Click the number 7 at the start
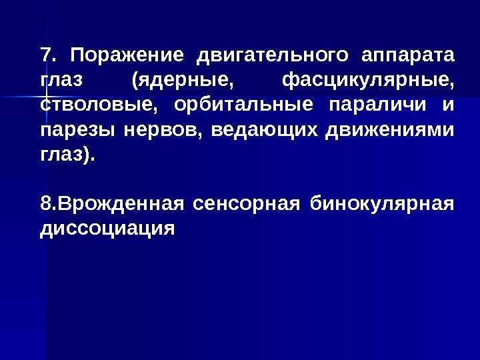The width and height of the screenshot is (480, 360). click(45, 53)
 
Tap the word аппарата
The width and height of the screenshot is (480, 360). click(407, 55)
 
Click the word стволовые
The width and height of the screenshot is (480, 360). click(100, 106)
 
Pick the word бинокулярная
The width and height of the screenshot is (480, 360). click(387, 203)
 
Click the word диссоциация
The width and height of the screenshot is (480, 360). click(107, 229)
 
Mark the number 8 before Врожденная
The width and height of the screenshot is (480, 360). click(45, 203)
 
